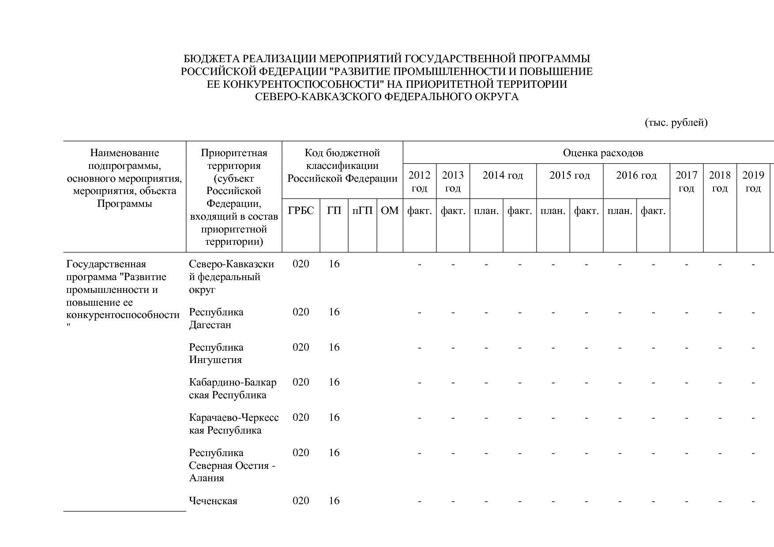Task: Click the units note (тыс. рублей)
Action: (x=676, y=123)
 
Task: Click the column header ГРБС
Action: (x=301, y=211)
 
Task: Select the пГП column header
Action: (x=362, y=211)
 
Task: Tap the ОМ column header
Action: (x=390, y=211)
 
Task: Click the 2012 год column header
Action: (x=419, y=181)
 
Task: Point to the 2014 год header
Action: (x=503, y=176)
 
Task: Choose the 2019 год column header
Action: (x=753, y=181)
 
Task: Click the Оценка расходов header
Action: (x=603, y=153)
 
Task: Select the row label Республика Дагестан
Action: (x=216, y=318)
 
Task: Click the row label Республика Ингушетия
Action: (x=216, y=353)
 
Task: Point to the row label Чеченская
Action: (x=213, y=501)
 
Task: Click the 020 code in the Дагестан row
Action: (x=301, y=312)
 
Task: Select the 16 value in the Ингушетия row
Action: (x=334, y=347)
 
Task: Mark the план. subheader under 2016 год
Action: (x=620, y=211)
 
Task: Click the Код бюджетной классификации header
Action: (x=342, y=165)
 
